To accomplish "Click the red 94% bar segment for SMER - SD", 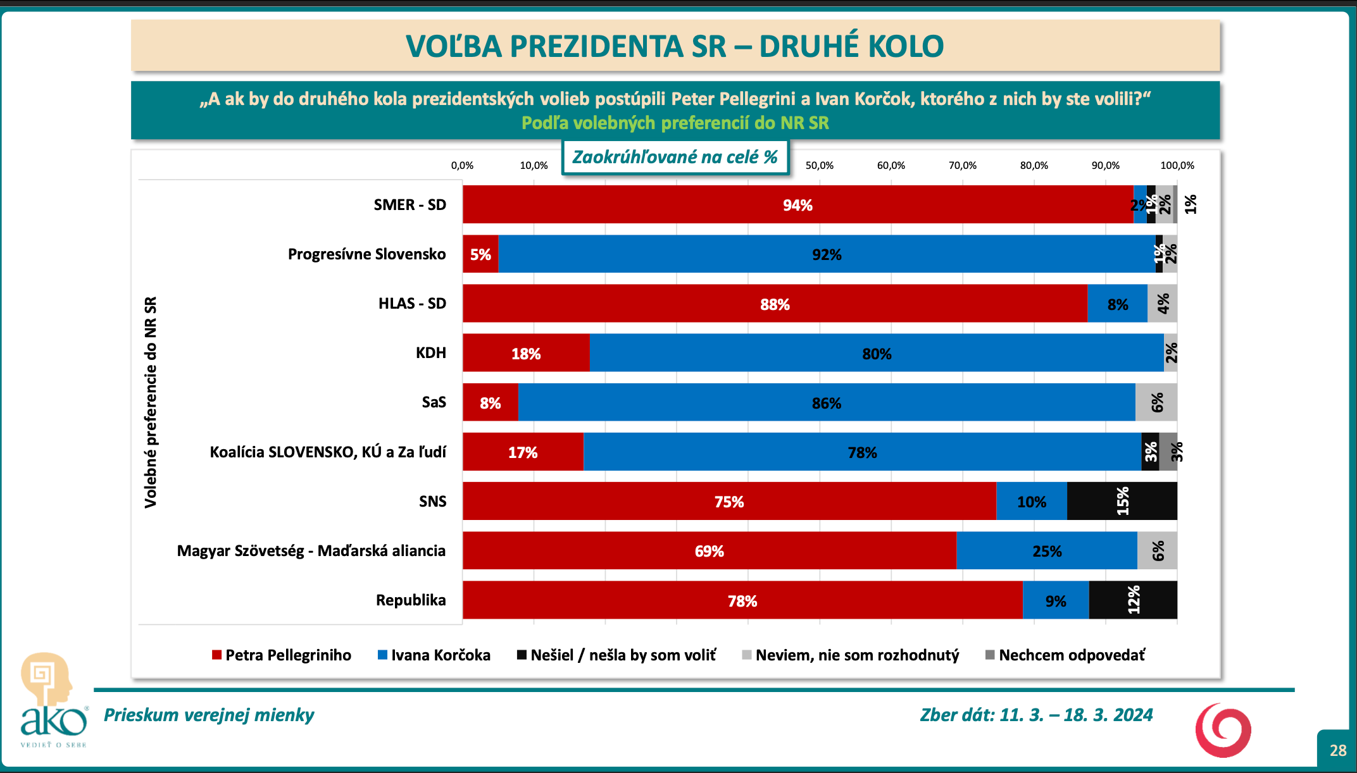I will pyautogui.click(x=797, y=204).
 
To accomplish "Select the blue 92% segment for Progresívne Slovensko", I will pyautogui.click(x=827, y=254).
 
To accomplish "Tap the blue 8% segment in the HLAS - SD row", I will pyautogui.click(x=1117, y=304).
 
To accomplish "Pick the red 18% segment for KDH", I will pyautogui.click(x=526, y=353).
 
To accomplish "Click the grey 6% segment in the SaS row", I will pyautogui.click(x=1156, y=402).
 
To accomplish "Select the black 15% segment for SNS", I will pyautogui.click(x=1122, y=501).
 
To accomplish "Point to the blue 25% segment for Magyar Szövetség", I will pyautogui.click(x=1047, y=551).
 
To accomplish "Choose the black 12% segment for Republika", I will pyautogui.click(x=1133, y=600).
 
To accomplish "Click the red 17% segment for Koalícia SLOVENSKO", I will pyautogui.click(x=523, y=452).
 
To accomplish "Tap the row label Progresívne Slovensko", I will pyautogui.click(x=366, y=254).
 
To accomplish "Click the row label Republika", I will pyautogui.click(x=411, y=600).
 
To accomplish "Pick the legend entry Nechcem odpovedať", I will pyautogui.click(x=1065, y=655).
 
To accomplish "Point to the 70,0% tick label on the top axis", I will pyautogui.click(x=962, y=166).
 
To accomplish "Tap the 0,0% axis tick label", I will pyautogui.click(x=462, y=166).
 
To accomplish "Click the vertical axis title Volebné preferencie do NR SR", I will pyautogui.click(x=151, y=402).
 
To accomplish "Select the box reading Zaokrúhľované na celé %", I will pyautogui.click(x=675, y=157).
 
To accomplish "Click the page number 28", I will pyautogui.click(x=1338, y=750).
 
